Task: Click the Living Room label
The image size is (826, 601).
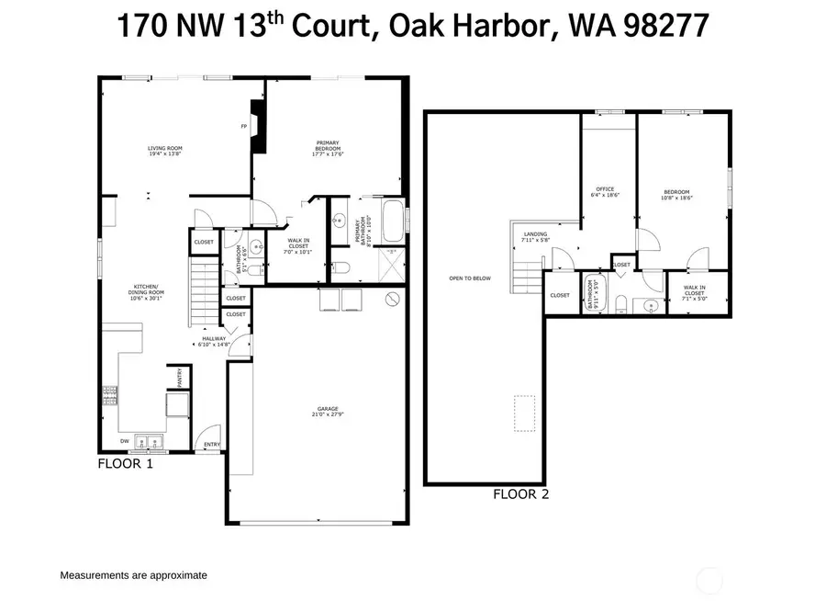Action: click(x=165, y=151)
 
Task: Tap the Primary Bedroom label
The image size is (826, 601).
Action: click(x=328, y=148)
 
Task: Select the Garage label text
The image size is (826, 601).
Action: click(x=328, y=411)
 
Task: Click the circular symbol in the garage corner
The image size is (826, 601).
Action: click(x=393, y=299)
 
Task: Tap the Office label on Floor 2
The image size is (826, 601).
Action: click(x=604, y=193)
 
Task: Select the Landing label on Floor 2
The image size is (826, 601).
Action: click(x=535, y=236)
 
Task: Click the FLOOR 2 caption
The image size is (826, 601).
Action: click(x=520, y=493)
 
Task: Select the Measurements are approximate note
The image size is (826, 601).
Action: click(x=133, y=575)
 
